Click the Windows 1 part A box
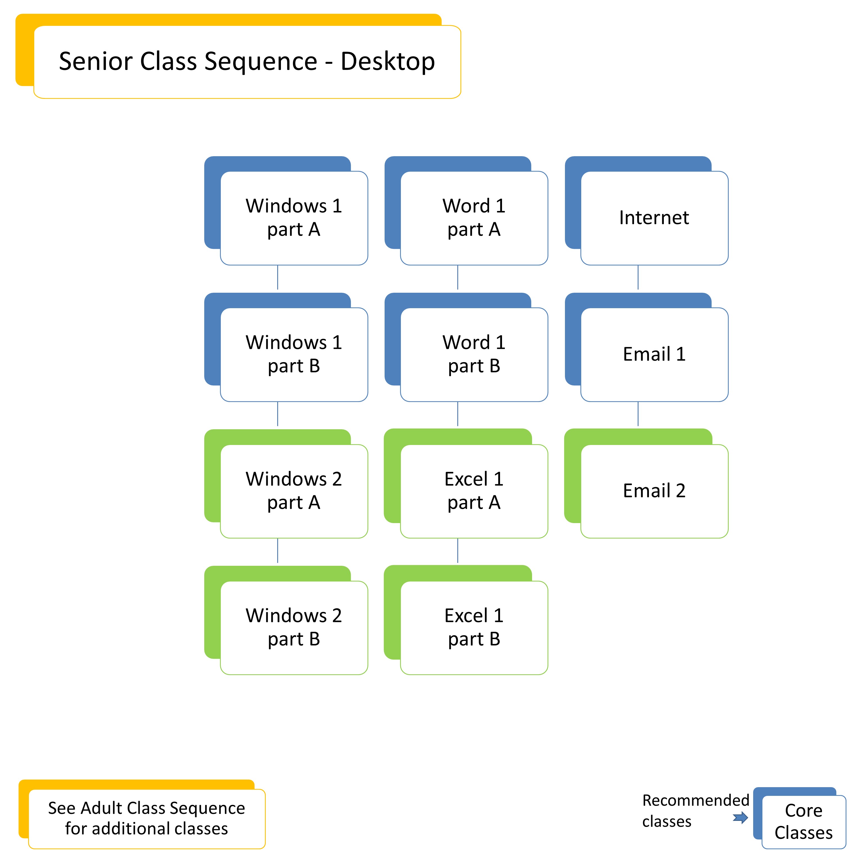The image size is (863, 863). click(294, 218)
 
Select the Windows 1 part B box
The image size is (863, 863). click(294, 354)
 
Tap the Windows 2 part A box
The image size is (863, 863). click(294, 491)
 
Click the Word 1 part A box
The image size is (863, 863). click(474, 218)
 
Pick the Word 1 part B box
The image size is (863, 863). click(474, 354)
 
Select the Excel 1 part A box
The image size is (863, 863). click(474, 491)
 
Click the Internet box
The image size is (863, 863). click(654, 218)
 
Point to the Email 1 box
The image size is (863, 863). click(654, 354)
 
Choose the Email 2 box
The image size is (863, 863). click(654, 491)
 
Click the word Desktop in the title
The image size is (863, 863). click(387, 61)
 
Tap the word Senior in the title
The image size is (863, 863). click(96, 61)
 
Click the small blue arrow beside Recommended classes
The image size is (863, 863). click(740, 818)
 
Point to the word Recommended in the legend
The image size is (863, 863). click(696, 800)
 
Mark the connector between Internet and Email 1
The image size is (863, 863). click(638, 277)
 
